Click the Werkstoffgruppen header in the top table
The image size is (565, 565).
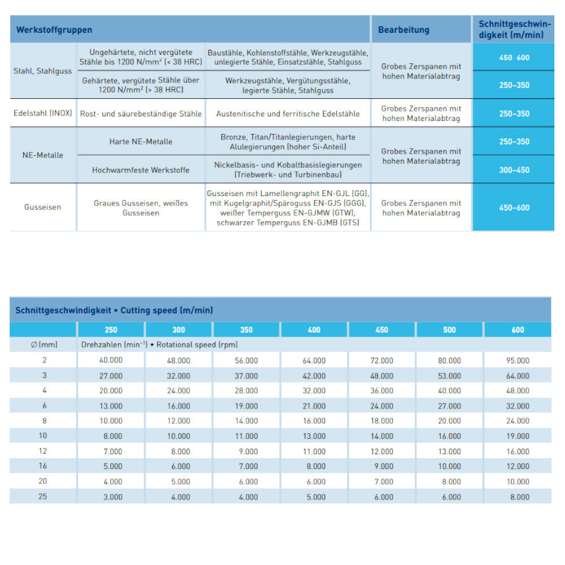click(54, 30)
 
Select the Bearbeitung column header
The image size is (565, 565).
click(403, 30)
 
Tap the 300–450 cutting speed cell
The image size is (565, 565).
click(514, 169)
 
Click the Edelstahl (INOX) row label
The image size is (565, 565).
click(43, 113)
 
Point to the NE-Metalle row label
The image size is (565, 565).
click(43, 155)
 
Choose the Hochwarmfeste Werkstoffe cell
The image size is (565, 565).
click(141, 169)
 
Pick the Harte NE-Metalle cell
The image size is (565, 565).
click(141, 141)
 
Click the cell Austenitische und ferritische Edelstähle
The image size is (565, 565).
click(288, 114)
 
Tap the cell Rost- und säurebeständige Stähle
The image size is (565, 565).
click(141, 114)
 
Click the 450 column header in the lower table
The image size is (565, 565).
click(381, 330)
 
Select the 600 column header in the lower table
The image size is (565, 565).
click(518, 330)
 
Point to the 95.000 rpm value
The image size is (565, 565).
click(518, 360)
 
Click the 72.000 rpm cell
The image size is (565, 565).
click(381, 360)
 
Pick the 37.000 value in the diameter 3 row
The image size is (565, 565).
click(246, 376)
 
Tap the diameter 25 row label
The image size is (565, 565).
click(44, 497)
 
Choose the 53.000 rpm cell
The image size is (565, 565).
click(449, 376)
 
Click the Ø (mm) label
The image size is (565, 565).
click(44, 345)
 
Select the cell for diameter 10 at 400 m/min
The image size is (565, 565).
click(314, 436)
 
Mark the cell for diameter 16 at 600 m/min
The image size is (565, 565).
click(518, 466)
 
